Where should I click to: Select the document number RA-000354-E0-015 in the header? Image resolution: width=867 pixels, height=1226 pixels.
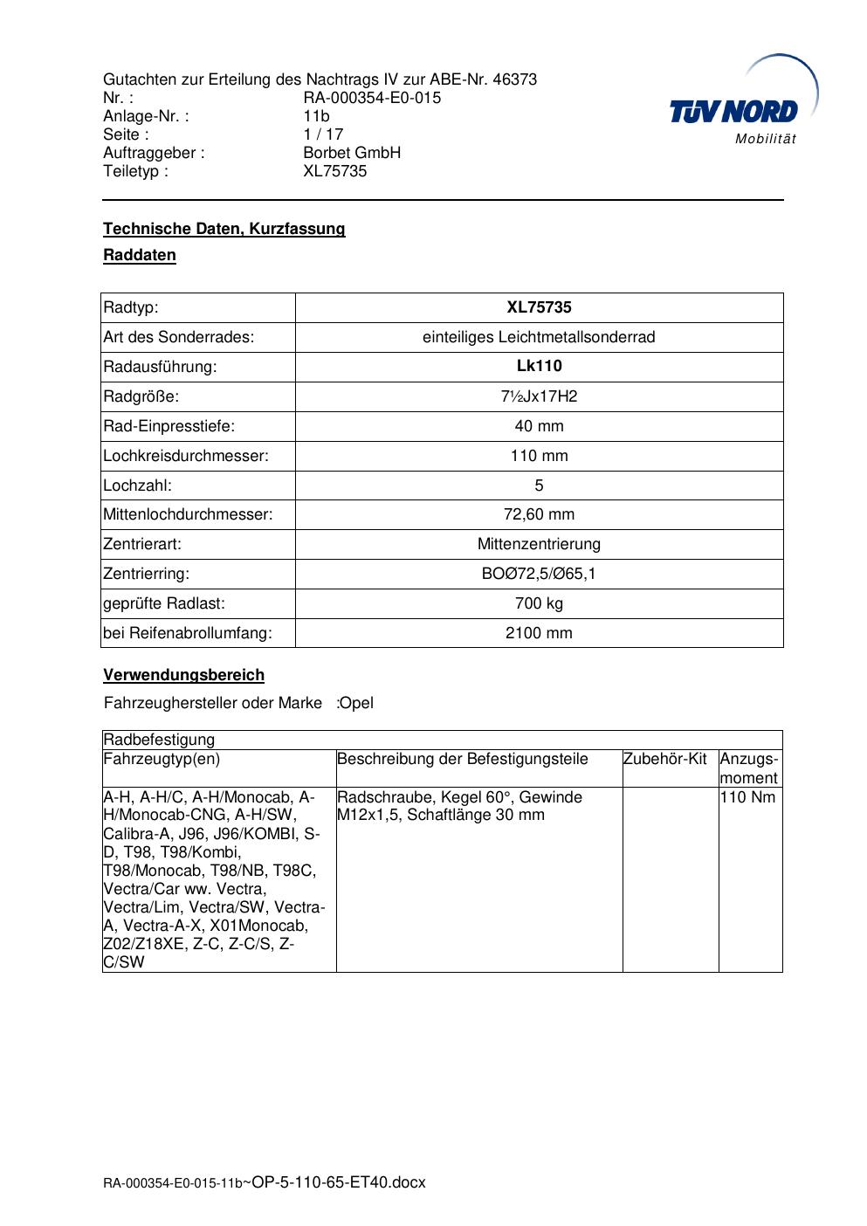(x=372, y=98)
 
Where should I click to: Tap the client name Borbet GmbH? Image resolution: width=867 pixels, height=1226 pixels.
(x=352, y=153)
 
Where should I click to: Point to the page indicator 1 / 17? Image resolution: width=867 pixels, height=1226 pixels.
(x=323, y=134)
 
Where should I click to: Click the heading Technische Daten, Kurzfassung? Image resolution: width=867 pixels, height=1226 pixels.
(x=224, y=229)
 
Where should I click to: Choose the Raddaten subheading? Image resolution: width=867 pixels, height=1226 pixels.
(x=140, y=255)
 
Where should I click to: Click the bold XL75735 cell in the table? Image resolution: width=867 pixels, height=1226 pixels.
(x=539, y=307)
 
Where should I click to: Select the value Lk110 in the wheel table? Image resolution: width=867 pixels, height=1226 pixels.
(x=539, y=367)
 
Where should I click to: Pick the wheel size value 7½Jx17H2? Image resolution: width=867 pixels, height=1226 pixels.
(x=539, y=396)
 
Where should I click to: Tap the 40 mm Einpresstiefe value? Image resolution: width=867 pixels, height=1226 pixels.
(x=539, y=426)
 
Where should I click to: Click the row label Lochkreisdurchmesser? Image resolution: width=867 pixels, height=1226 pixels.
(x=186, y=456)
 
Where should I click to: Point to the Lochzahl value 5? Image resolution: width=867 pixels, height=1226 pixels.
(x=539, y=486)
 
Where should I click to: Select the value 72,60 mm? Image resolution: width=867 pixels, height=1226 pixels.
(x=539, y=514)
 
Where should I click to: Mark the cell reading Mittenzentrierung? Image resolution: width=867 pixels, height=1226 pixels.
(x=539, y=544)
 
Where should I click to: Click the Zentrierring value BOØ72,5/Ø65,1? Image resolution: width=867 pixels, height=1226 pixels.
(x=539, y=574)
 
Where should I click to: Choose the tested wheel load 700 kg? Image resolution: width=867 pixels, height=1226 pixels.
(x=539, y=603)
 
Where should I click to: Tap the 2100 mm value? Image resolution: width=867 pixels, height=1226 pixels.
(x=539, y=633)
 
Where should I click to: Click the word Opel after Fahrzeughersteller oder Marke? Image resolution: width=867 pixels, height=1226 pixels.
(x=356, y=703)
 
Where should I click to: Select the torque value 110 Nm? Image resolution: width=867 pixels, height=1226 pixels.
(x=747, y=797)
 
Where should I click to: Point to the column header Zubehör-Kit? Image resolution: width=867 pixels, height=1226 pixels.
(x=665, y=759)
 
